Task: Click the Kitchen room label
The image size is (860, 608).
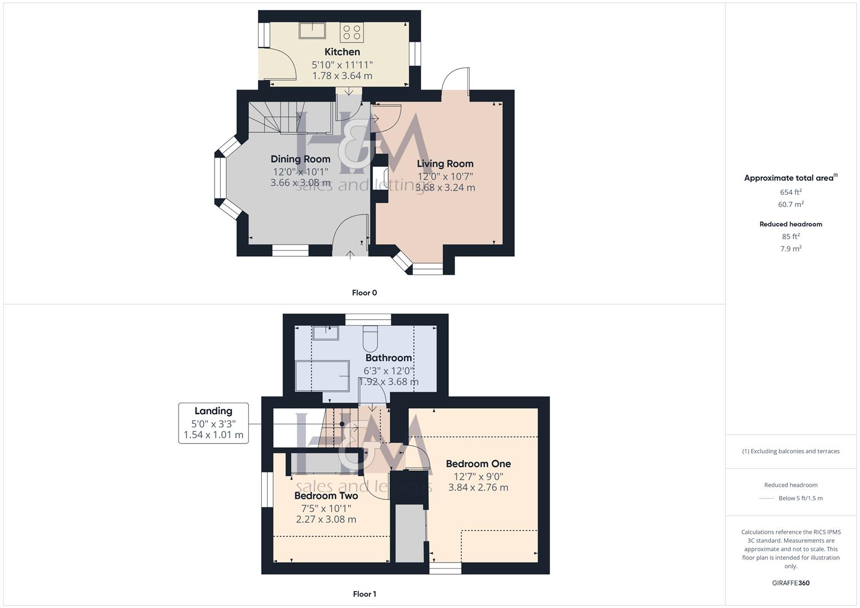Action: point(342,52)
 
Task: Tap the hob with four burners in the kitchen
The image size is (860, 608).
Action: point(351,32)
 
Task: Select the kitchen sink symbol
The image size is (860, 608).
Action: point(312,30)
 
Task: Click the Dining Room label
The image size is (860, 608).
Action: point(300,159)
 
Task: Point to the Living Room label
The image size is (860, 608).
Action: point(445,164)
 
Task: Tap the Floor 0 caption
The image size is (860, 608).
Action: point(364,293)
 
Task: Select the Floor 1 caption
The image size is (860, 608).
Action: point(364,594)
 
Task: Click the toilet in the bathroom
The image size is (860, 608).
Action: point(371,338)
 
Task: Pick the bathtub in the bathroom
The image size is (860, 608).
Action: point(322,375)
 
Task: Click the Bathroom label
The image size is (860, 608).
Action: point(389,358)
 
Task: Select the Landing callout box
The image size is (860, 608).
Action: point(213,423)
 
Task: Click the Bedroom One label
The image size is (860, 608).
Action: point(478,464)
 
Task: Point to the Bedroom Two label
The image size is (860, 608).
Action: point(326,496)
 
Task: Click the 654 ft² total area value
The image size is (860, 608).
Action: point(791,192)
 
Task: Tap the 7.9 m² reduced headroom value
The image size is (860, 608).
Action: point(791,249)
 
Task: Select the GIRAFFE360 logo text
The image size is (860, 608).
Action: point(791,583)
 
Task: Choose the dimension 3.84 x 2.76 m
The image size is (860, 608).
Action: point(478,488)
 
